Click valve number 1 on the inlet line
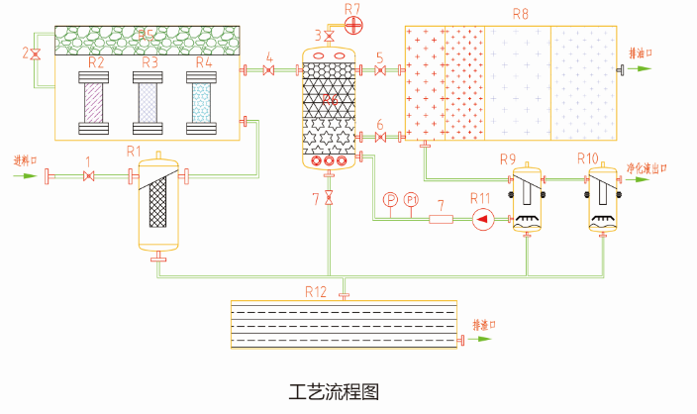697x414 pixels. (89, 177)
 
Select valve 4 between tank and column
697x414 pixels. (268, 69)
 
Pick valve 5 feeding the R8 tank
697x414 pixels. (380, 69)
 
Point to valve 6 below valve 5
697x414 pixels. (380, 136)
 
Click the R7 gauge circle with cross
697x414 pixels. (354, 22)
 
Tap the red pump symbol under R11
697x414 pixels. (482, 219)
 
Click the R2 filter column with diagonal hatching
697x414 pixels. (96, 103)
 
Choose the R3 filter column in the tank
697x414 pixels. (149, 103)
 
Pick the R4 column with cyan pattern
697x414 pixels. (203, 103)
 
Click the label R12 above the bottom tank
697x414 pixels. (316, 291)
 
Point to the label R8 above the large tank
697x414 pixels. (521, 14)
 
